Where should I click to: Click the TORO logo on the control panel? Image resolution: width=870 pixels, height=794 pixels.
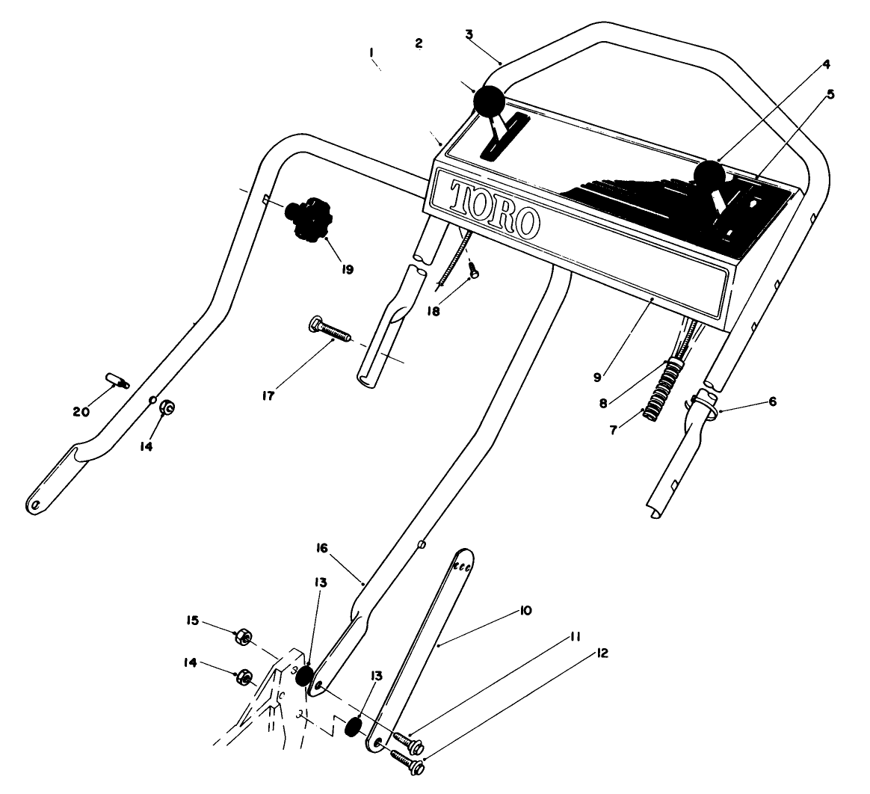pos(495,206)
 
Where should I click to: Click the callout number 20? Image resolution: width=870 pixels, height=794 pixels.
pos(81,411)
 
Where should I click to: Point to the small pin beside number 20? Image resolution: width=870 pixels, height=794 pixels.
pos(117,381)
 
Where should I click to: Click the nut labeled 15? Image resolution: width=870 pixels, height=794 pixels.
pos(242,638)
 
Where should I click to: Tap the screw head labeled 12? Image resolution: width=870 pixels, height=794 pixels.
pos(417,766)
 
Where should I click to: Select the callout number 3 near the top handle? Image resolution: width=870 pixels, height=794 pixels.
pos(469,34)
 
